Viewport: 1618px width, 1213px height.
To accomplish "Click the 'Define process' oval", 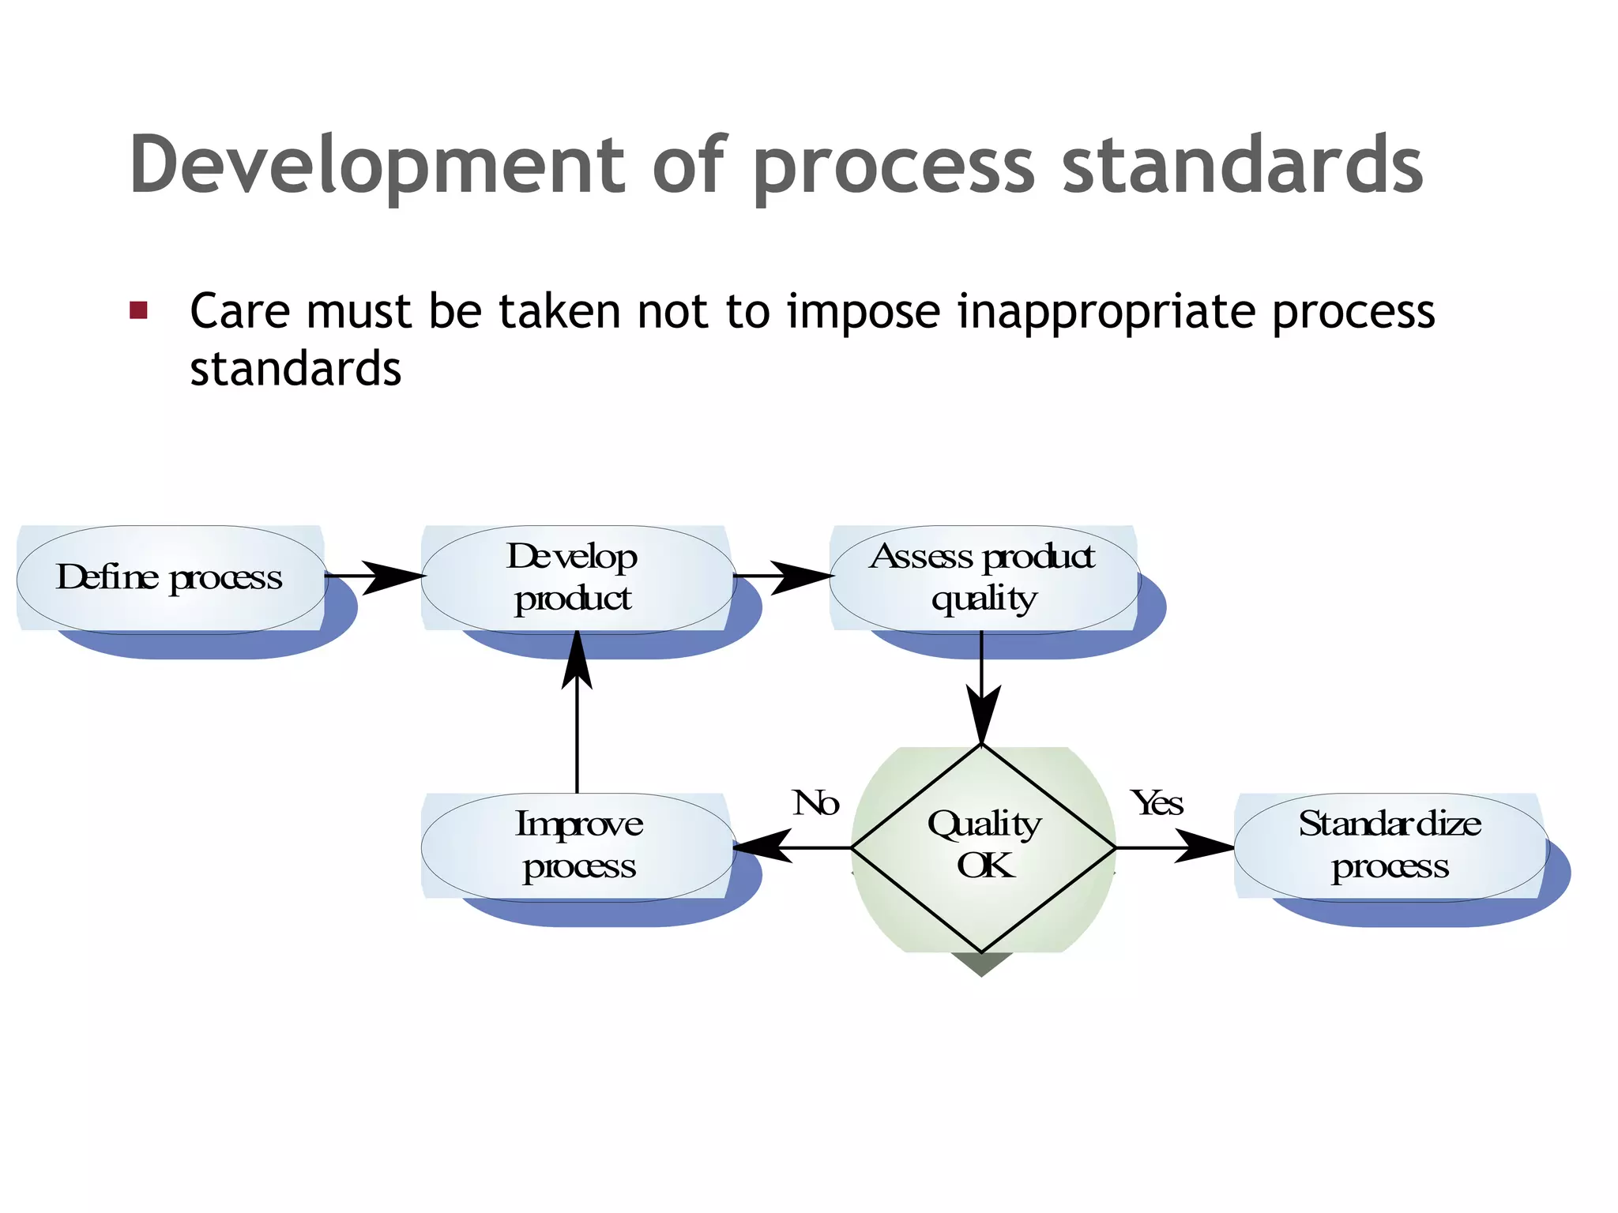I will pos(170,579).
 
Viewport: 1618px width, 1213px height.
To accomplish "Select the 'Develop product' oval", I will pos(577,579).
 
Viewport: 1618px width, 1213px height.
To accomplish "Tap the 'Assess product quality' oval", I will pos(984,579).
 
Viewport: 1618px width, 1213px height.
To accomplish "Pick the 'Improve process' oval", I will pos(577,847).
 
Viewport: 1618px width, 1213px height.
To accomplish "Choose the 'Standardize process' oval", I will pos(1390,847).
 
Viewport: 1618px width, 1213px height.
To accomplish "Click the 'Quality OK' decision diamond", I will pos(983,847).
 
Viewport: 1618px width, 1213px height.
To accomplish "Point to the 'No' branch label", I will pos(815,804).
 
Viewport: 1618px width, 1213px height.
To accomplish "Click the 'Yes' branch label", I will pos(1157,804).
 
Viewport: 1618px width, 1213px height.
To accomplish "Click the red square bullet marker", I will pos(139,310).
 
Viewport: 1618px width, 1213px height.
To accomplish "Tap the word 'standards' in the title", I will pos(1242,166).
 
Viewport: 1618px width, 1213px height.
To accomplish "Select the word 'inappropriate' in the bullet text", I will pos(1106,312).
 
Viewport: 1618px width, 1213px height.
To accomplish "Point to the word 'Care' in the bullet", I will pos(240,311).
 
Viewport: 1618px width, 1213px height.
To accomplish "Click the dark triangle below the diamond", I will pos(981,963).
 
